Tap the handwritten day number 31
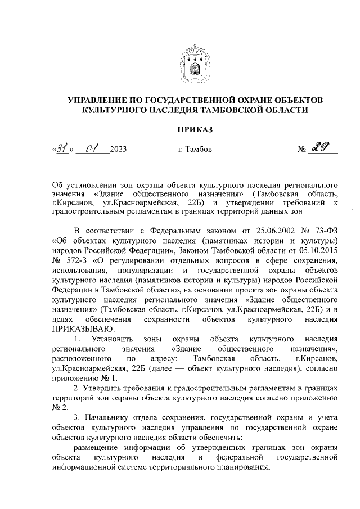(62, 149)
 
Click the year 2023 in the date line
(119, 150)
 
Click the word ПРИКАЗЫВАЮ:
(83, 330)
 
